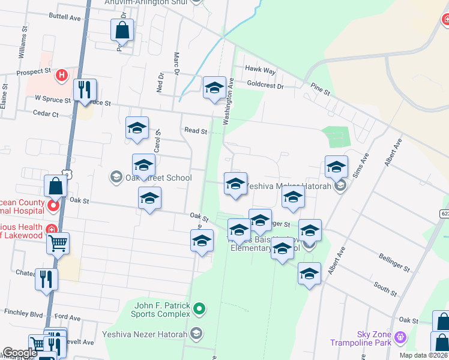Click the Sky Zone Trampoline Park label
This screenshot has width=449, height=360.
360,338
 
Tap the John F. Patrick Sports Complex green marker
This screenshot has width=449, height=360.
200,310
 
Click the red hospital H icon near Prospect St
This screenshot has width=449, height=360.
61,76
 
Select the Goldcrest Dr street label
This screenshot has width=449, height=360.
265,86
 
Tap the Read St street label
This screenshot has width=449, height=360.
196,130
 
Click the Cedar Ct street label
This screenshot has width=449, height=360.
46,113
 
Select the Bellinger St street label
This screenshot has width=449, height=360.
394,262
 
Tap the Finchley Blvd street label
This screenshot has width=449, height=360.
23,313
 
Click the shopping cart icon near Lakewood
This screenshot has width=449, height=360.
58,243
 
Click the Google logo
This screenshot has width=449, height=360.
19,353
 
